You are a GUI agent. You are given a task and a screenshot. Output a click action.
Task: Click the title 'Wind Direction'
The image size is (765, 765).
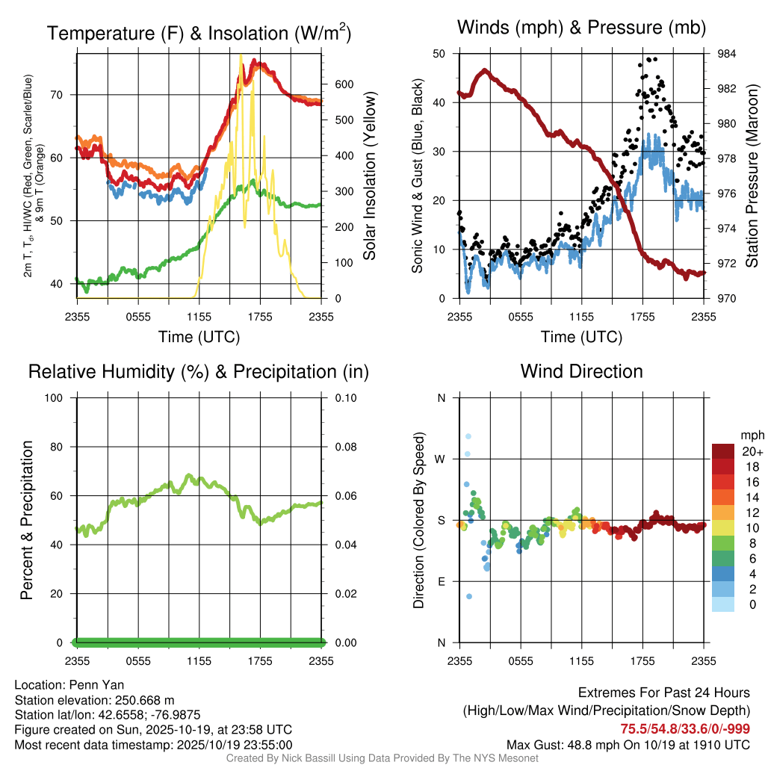coord(581,371)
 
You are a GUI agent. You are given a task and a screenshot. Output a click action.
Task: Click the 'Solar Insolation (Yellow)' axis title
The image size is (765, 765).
coord(370,176)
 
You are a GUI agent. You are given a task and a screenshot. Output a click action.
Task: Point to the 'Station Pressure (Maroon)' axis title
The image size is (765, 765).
coord(752,176)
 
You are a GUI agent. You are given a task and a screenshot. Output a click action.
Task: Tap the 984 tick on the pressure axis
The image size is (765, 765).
coord(727,54)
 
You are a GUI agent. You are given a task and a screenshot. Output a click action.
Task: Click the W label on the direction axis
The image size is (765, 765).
coord(441,459)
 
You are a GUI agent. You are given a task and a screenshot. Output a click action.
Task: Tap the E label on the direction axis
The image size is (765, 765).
coord(442,581)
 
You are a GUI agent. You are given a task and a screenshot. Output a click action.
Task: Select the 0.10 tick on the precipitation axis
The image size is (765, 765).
coord(344,398)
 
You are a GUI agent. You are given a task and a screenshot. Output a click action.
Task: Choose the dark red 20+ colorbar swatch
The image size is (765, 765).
coord(722,451)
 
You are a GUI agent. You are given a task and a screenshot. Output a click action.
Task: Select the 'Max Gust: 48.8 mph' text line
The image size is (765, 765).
coord(628,745)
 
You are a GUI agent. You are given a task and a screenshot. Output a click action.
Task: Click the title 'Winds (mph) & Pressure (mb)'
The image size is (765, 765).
coord(581,28)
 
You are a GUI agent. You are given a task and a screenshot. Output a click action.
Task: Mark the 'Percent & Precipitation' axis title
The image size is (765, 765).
coord(26,520)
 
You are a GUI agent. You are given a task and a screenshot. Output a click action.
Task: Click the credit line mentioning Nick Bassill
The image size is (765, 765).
coord(382,758)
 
